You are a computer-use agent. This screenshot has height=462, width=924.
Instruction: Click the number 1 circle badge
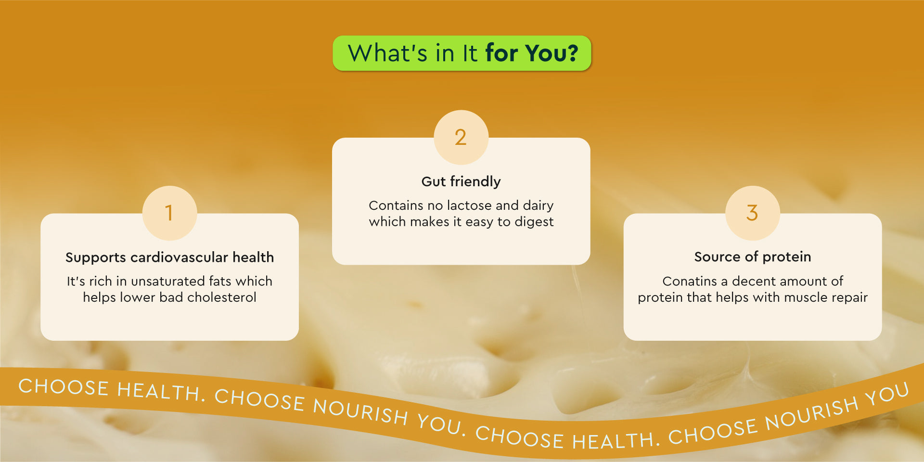click(x=169, y=213)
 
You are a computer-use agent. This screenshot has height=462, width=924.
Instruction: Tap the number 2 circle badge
click(x=461, y=137)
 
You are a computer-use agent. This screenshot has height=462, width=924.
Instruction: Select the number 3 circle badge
click(x=753, y=213)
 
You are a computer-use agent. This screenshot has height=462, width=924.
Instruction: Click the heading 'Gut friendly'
click(x=461, y=181)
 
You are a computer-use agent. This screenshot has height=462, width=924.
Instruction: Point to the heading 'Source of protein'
click(x=753, y=257)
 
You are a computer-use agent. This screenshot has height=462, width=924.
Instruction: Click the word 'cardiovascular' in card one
click(x=179, y=257)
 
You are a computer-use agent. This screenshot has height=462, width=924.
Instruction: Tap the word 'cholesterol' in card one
click(x=222, y=297)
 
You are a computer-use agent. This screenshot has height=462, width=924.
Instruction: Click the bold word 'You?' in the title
click(x=552, y=52)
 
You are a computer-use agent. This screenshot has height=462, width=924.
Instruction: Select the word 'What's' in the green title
click(x=387, y=52)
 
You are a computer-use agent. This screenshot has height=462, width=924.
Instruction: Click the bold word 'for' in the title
click(x=502, y=52)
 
